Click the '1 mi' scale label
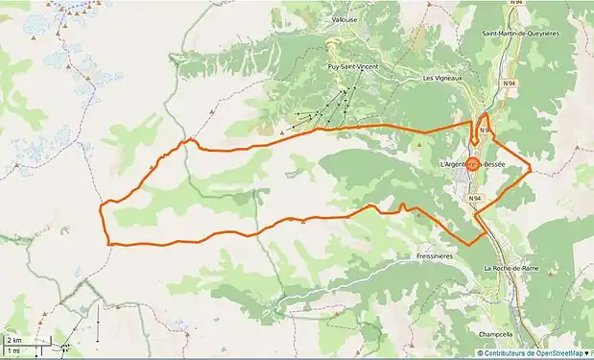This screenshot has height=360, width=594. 12,350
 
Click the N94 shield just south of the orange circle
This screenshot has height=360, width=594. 474,198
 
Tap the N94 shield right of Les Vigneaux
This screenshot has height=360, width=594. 510,84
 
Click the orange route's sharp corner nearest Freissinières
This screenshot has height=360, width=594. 469,244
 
